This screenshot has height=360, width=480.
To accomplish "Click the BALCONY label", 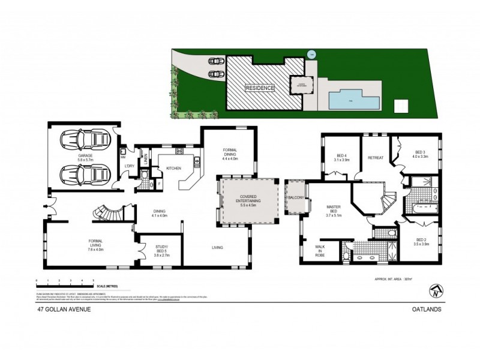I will coord(296,197).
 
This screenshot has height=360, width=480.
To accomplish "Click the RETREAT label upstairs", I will coord(376,158).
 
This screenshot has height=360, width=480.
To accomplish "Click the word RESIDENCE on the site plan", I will coord(259,88).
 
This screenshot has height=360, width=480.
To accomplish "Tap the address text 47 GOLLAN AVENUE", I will coord(59,310).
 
